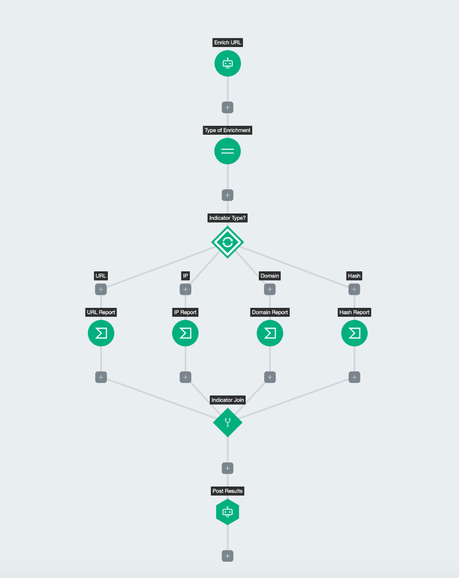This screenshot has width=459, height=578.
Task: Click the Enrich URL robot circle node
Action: pyautogui.click(x=228, y=63)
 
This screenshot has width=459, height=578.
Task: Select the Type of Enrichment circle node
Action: pyautogui.click(x=228, y=151)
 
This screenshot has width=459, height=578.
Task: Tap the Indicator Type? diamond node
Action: pyautogui.click(x=228, y=242)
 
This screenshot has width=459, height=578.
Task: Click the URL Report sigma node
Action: pyautogui.click(x=101, y=333)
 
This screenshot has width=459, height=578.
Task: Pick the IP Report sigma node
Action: pyautogui.click(x=185, y=333)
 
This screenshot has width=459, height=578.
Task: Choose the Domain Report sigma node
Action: pyautogui.click(x=270, y=333)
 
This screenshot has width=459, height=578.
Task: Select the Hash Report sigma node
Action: pyautogui.click(x=355, y=333)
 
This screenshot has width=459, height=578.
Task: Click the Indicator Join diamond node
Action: pyautogui.click(x=228, y=422)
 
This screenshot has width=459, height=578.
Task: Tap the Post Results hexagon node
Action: pyautogui.click(x=228, y=512)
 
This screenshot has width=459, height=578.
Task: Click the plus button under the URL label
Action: pyautogui.click(x=101, y=289)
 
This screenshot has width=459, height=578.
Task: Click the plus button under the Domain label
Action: pyautogui.click(x=270, y=289)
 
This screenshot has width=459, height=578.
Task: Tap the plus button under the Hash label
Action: pyautogui.click(x=354, y=289)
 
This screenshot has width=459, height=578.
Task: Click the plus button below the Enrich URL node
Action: pyautogui.click(x=228, y=107)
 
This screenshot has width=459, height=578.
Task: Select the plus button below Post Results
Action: pyautogui.click(x=228, y=556)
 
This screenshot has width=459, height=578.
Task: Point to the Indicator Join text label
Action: pyautogui.click(x=228, y=400)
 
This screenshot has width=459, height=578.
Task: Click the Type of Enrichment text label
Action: pyautogui.click(x=227, y=130)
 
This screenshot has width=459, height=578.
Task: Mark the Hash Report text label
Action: pyautogui.click(x=355, y=312)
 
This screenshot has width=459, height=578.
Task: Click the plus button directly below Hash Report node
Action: pyautogui.click(x=355, y=377)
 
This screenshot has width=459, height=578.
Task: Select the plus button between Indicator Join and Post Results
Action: pyautogui.click(x=228, y=468)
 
